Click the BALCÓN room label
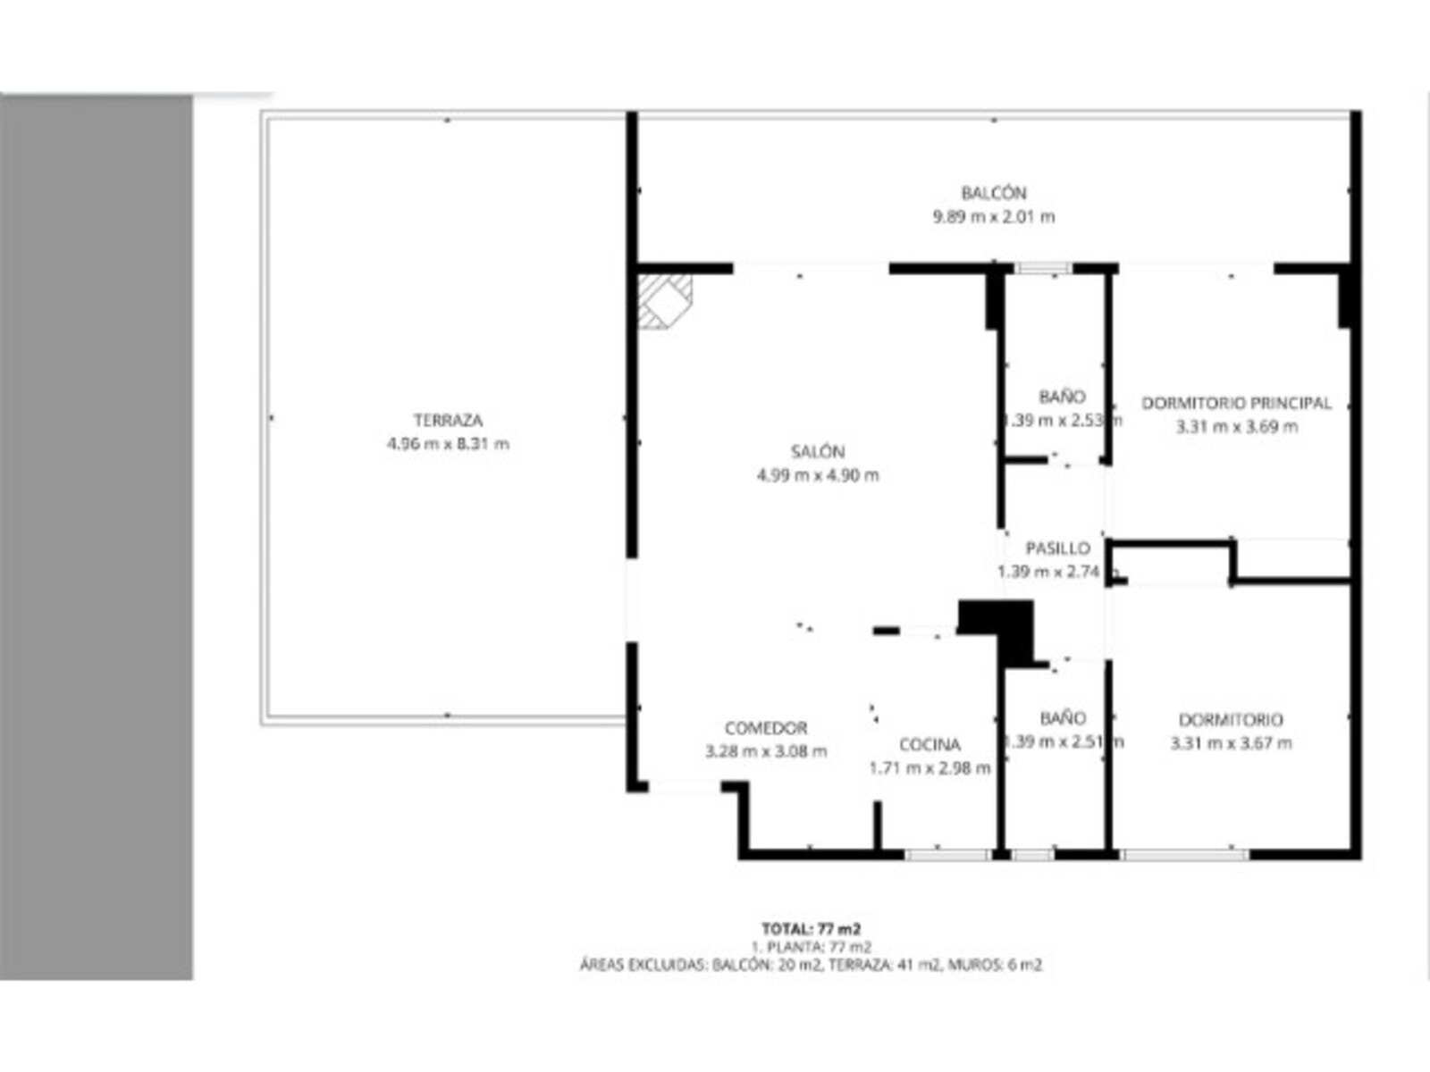pyautogui.click(x=993, y=192)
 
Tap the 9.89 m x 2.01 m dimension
pyautogui.click(x=993, y=216)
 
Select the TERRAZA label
pyautogui.click(x=448, y=420)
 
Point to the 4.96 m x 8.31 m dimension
pyautogui.click(x=448, y=443)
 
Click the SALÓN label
pyautogui.click(x=817, y=451)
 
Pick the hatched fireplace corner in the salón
pyautogui.click(x=663, y=300)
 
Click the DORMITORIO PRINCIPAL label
pyautogui.click(x=1236, y=403)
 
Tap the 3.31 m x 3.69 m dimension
pyautogui.click(x=1236, y=426)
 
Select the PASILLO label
pyautogui.click(x=1057, y=548)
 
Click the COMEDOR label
pyautogui.click(x=766, y=728)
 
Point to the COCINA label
pyautogui.click(x=929, y=744)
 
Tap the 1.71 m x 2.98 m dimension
pyautogui.click(x=929, y=767)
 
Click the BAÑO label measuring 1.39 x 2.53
pyautogui.click(x=1062, y=396)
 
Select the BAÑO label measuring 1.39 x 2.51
pyautogui.click(x=1063, y=717)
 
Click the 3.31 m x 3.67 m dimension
pyautogui.click(x=1231, y=742)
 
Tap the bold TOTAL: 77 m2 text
pyautogui.click(x=811, y=928)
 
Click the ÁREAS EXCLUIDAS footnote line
pyautogui.click(x=811, y=965)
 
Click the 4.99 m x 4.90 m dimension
pyautogui.click(x=817, y=475)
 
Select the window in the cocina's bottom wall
pyautogui.click(x=946, y=855)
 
